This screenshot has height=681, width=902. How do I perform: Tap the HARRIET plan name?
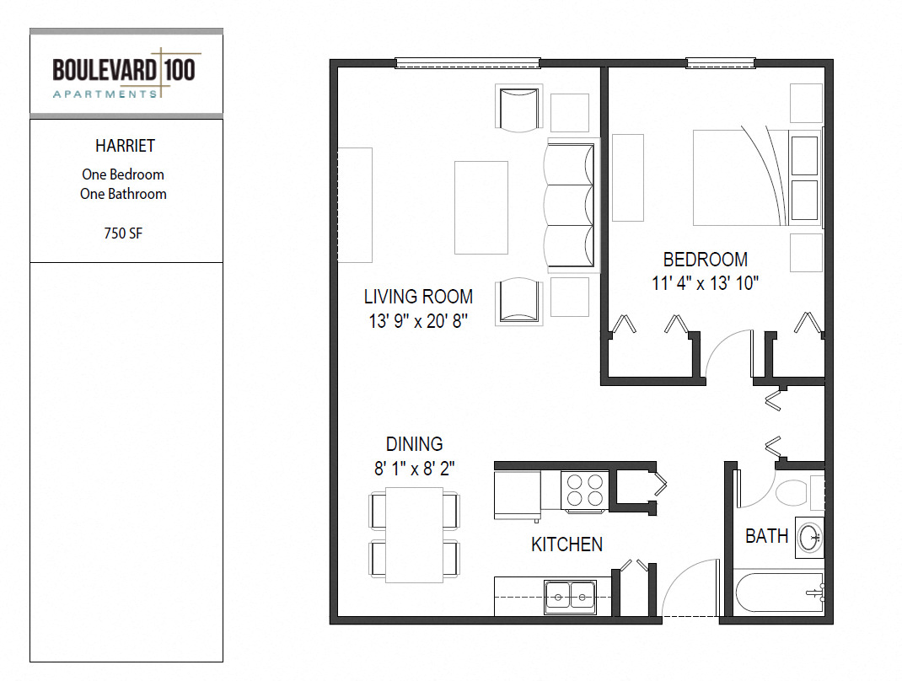[125, 146]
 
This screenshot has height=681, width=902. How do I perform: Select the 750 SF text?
[123, 233]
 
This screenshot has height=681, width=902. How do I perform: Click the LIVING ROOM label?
[418, 297]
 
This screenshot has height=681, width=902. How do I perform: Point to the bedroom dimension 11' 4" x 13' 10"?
[706, 283]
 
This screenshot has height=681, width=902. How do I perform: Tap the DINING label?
[414, 444]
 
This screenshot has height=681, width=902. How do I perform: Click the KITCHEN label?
[566, 544]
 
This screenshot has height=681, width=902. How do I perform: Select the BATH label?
[766, 536]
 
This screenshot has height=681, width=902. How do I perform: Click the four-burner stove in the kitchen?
[584, 490]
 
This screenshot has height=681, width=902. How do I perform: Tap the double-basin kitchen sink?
[570, 597]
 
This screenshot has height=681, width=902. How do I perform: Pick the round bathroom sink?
[810, 538]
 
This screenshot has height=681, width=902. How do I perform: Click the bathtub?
[780, 593]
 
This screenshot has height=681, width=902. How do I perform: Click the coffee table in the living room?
[481, 207]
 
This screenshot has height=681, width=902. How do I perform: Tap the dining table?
[414, 535]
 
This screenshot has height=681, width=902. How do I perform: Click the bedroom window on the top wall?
[720, 63]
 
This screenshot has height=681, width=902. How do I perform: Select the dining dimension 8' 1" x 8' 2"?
[414, 469]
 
